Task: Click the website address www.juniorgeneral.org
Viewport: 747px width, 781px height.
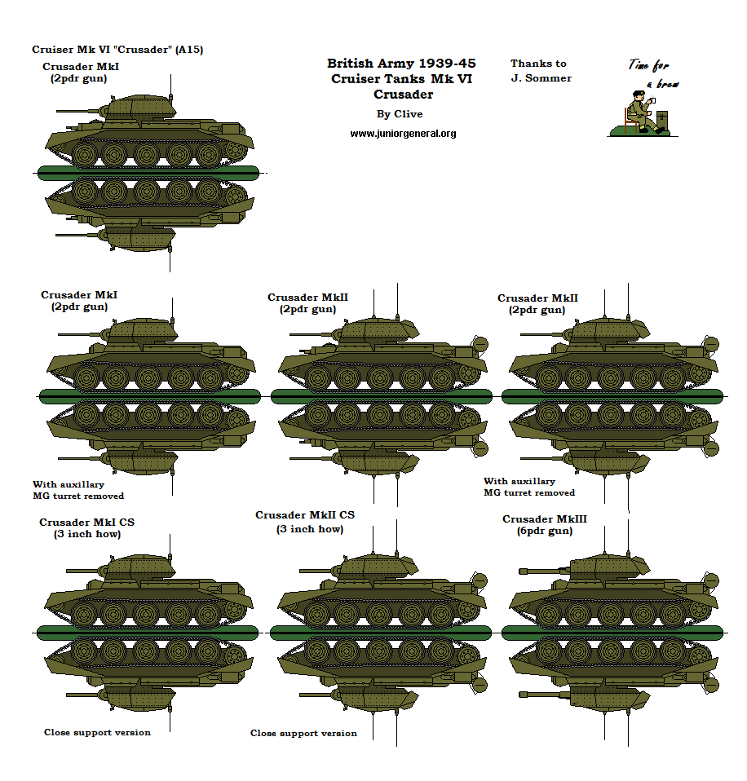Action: pos(403,133)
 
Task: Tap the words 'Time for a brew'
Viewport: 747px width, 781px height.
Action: pos(654,73)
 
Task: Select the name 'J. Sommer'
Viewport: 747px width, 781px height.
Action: pos(541,78)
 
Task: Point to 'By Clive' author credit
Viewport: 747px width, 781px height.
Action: pos(400,114)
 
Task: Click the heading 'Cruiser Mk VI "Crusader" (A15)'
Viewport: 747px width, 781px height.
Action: pos(117,50)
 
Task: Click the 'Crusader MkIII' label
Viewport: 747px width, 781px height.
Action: pos(544,519)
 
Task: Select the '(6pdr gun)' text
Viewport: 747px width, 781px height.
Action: pos(544,531)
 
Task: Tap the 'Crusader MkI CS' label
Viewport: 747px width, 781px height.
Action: pos(87,523)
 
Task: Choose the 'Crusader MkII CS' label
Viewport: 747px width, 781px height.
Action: pos(305,515)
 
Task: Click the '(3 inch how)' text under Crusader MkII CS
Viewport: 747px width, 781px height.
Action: pos(310,529)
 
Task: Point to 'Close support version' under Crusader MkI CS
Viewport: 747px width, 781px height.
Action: pos(97,732)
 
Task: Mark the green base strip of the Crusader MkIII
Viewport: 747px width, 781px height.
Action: pos(612,633)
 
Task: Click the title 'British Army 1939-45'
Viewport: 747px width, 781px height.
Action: pos(401,64)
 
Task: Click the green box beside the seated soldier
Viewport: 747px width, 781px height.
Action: pos(661,121)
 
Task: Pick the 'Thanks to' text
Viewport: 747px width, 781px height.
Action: pos(538,64)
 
